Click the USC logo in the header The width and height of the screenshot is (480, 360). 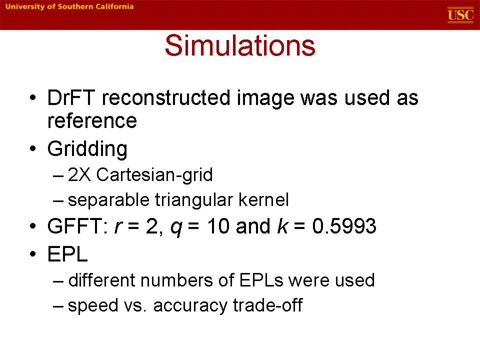coord(460,14)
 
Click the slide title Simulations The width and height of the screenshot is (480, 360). coord(240,45)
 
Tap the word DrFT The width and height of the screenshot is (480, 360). coord(70,98)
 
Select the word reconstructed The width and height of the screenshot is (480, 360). coord(166,98)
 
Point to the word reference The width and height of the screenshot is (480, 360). coord(92,120)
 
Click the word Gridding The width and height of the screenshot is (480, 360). coord(87,149)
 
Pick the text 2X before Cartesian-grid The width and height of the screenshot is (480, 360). coord(79,175)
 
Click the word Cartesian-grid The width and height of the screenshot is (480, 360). coord(154,175)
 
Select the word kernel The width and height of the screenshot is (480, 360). coord(263,200)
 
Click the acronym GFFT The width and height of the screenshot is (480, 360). coord(77,226)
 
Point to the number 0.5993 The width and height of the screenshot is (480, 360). coord(344,226)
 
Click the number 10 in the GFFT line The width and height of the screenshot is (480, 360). coord(218,226)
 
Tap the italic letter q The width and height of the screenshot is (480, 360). coord(176,228)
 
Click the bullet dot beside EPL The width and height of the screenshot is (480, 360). coord(33,254)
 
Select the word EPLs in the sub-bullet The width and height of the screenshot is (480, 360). coord(261,280)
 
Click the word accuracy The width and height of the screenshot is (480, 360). coord(190,305)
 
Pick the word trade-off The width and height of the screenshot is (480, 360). coord(268,305)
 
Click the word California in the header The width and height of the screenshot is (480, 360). coord(114,6)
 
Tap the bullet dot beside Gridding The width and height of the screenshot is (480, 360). coord(33,149)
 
